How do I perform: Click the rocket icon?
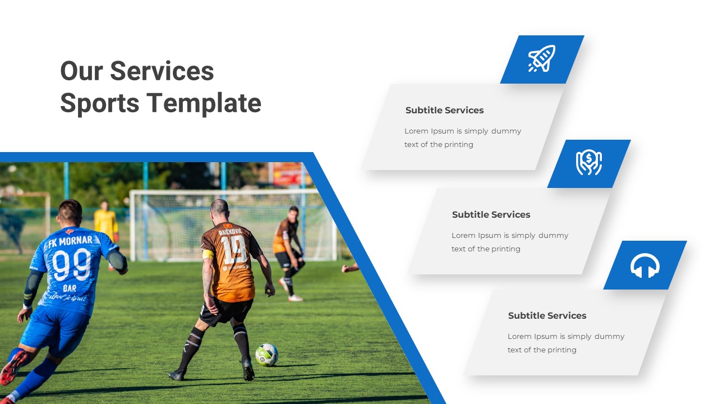(x=541, y=59)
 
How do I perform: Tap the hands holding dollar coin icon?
(x=588, y=163)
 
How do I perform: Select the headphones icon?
(x=645, y=265)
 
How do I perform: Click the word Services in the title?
(x=162, y=71)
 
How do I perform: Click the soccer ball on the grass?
(x=266, y=355)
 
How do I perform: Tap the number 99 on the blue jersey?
(x=73, y=264)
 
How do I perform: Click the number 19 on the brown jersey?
(x=234, y=249)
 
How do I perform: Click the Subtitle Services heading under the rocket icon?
(x=444, y=111)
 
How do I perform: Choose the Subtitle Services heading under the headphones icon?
(x=547, y=316)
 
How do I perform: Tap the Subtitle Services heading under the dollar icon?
(x=491, y=215)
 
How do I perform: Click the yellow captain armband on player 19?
(x=208, y=254)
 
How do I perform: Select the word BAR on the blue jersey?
(x=70, y=288)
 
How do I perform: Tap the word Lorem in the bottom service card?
(x=519, y=337)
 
